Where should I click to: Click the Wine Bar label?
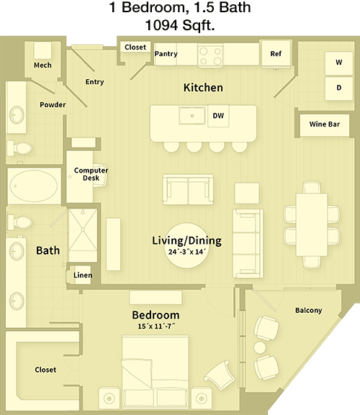[325, 124]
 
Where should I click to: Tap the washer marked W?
[339, 63]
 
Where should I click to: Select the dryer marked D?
[339, 88]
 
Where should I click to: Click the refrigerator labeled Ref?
[276, 54]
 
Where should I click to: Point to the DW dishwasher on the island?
[218, 116]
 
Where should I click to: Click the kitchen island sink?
[192, 116]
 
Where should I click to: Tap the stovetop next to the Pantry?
[210, 55]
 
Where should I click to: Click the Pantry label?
[166, 54]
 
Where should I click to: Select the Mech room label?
[42, 65]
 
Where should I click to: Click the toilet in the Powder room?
[19, 148]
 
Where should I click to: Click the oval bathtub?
[34, 186]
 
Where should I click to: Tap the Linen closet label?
[83, 275]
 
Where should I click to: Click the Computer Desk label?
[91, 174]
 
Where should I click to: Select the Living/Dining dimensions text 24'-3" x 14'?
[187, 252]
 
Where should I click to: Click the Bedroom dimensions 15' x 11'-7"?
[156, 327]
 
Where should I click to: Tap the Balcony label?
[309, 310]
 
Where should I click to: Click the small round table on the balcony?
[260, 347]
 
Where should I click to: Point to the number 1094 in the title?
[161, 25]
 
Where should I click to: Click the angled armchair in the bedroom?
[220, 375]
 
